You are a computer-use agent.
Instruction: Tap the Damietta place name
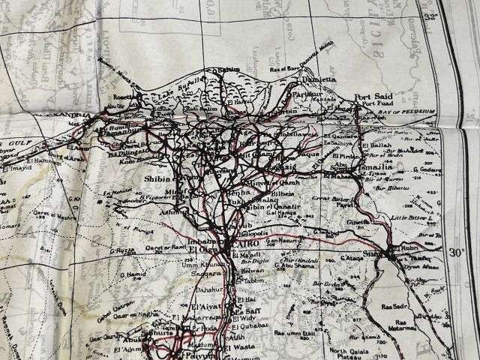[316, 78]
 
